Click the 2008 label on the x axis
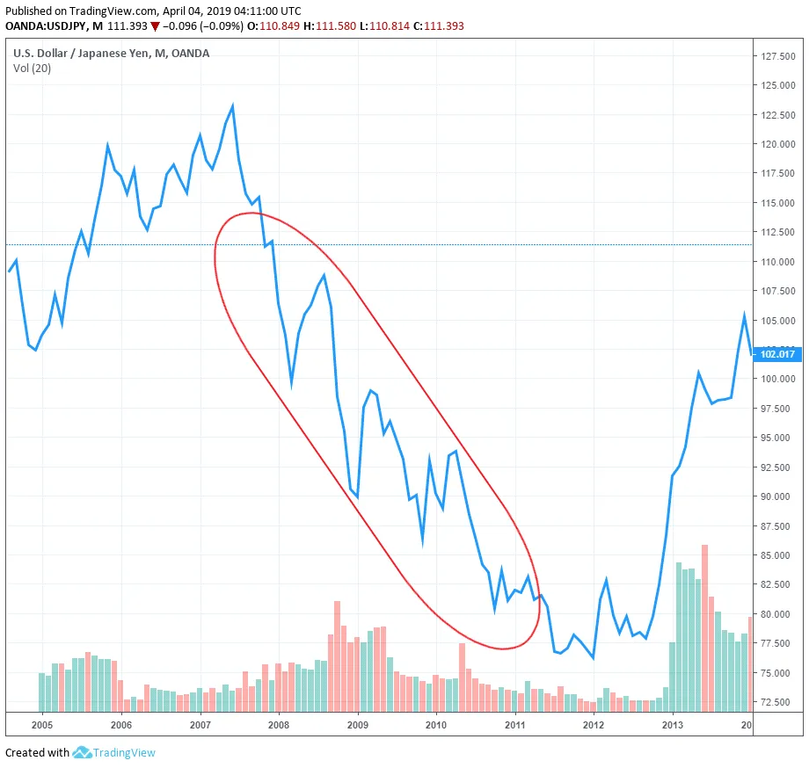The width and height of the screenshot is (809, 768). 279,725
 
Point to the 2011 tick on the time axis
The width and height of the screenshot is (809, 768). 515,725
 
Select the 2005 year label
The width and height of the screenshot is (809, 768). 42,725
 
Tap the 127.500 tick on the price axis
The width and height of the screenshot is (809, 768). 778,56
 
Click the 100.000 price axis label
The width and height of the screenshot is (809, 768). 778,379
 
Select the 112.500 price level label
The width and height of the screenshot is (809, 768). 778,232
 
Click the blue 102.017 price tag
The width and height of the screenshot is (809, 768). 777,354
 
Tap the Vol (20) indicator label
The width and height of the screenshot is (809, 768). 32,68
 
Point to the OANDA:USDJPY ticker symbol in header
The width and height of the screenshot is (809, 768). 46,25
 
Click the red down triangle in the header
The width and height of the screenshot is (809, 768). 155,26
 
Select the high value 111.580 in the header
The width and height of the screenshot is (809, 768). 336,25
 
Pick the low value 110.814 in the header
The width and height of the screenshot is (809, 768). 390,25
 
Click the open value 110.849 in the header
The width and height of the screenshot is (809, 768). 280,25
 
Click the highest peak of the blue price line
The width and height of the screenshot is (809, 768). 233,105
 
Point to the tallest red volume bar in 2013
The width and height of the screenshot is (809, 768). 704,627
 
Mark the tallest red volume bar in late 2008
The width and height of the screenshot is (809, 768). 338,656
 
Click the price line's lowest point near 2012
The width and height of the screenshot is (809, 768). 594,658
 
